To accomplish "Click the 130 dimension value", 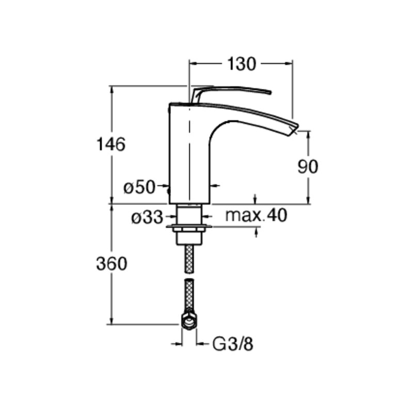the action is [x=241, y=63].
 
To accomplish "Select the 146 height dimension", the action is [x=111, y=145].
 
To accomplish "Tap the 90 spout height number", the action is [x=308, y=167].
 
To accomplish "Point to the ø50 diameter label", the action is [x=139, y=187].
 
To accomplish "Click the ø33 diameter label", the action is [x=147, y=217].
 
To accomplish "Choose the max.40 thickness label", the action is [x=256, y=215].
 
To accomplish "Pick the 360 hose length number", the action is [x=112, y=264].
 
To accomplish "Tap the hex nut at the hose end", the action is [x=189, y=321].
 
